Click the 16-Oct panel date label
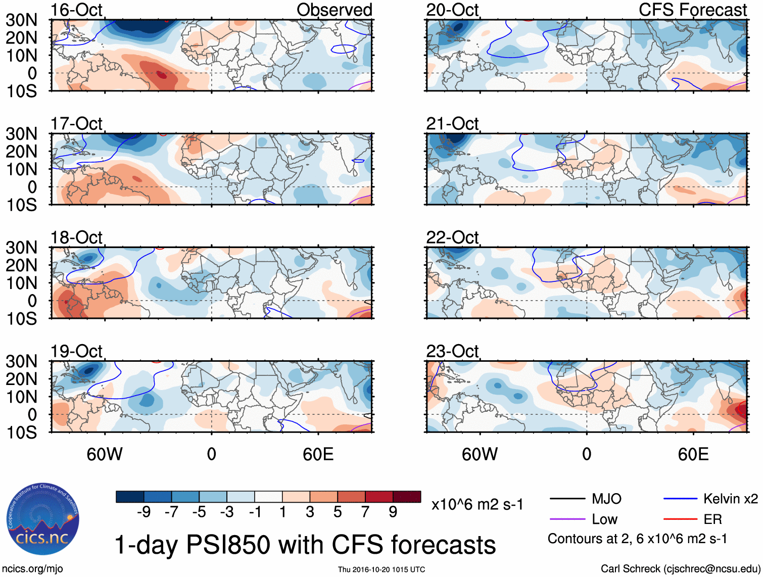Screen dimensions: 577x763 tap(76, 10)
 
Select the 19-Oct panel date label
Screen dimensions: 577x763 tap(76, 351)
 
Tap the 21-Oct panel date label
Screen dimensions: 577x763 tap(452, 123)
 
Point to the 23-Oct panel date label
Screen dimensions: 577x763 tap(452, 351)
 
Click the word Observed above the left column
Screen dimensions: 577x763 tap(334, 10)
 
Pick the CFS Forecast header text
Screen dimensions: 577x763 tap(693, 10)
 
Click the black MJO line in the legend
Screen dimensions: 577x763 tap(567, 499)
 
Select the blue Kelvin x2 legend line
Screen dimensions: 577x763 tap(680, 499)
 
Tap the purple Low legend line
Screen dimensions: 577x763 tap(567, 519)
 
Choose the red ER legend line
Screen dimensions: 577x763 tap(680, 519)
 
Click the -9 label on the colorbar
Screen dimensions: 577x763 tap(144, 512)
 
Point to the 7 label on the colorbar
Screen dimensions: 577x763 tap(365, 512)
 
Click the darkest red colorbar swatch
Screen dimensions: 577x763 tap(407, 497)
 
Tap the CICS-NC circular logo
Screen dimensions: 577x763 tap(43, 519)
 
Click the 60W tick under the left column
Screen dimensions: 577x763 tap(105, 454)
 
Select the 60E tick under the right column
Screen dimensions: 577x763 tap(693, 454)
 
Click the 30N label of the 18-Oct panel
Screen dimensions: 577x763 tap(21, 248)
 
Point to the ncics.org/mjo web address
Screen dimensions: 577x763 tap(32, 569)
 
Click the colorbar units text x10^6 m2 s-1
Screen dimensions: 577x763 tap(477, 505)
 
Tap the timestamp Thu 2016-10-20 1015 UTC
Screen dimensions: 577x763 tap(381, 569)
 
